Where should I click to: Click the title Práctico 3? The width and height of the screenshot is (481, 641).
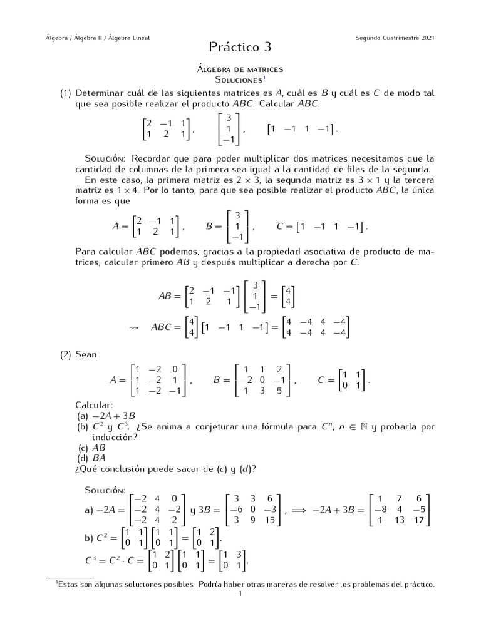coord(240,47)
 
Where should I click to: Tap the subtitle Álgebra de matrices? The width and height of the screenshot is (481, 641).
coord(240,69)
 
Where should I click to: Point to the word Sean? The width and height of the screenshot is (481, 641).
coord(86,354)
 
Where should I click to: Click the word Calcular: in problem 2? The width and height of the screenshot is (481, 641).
coord(94,405)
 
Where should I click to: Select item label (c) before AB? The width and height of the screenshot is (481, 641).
coord(83,448)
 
